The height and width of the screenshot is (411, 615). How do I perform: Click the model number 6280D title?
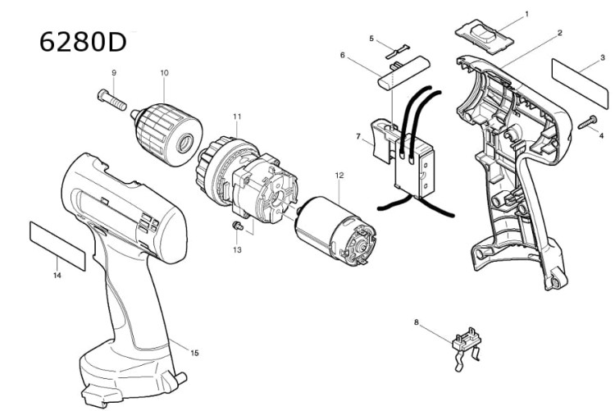[83, 42]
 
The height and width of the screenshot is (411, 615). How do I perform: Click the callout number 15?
[194, 353]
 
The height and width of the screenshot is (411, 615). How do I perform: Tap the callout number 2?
[558, 33]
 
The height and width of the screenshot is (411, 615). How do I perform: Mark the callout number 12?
[339, 175]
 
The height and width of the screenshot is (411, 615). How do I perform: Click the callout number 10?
[164, 73]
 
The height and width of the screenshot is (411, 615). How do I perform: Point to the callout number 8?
[417, 323]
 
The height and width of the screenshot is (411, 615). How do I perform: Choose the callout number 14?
[56, 276]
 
